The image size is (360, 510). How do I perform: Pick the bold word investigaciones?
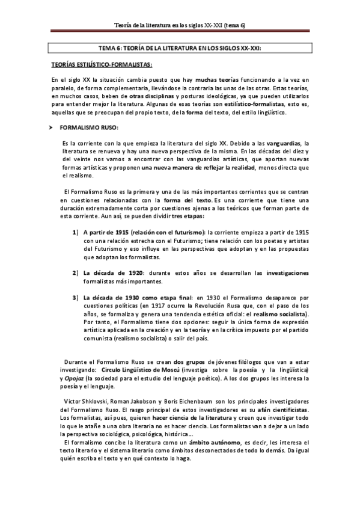pyautogui.click(x=288, y=272)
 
